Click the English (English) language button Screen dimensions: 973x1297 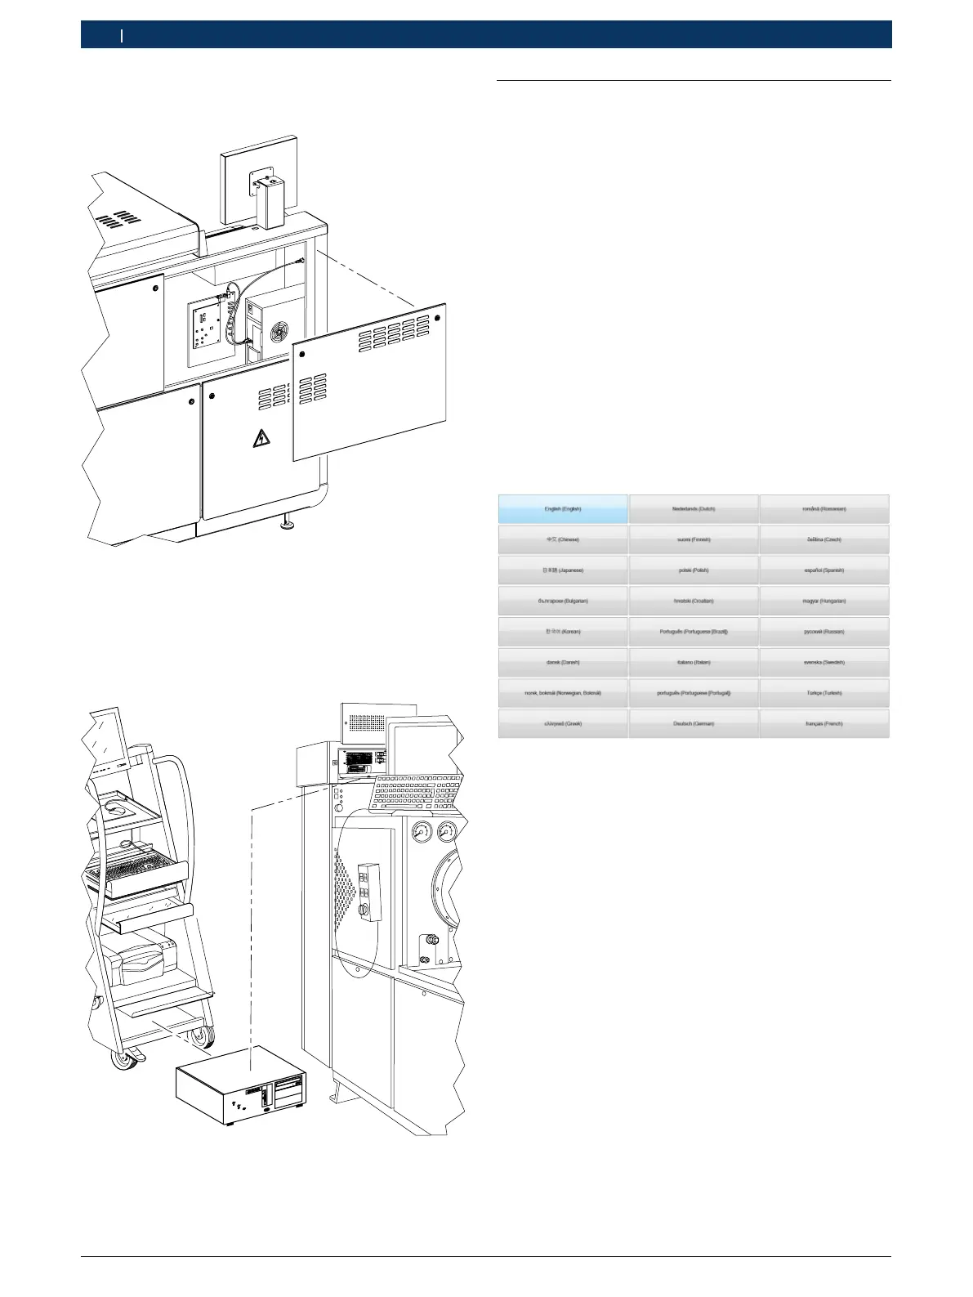[x=563, y=508]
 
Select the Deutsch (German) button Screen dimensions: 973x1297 [x=694, y=723]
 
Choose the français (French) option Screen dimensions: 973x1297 [x=823, y=723]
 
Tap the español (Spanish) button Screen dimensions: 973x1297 [x=823, y=570]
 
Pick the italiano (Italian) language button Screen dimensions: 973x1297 [x=694, y=662]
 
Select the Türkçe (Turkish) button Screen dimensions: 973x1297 [x=823, y=693]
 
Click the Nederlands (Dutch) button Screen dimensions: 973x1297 [x=694, y=508]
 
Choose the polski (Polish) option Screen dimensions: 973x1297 [x=694, y=570]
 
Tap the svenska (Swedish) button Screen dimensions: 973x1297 [x=823, y=662]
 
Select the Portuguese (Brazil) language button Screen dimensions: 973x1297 [x=694, y=632]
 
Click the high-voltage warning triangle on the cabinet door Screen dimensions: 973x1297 [x=261, y=439]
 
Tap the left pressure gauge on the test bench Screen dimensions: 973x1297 [x=422, y=833]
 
